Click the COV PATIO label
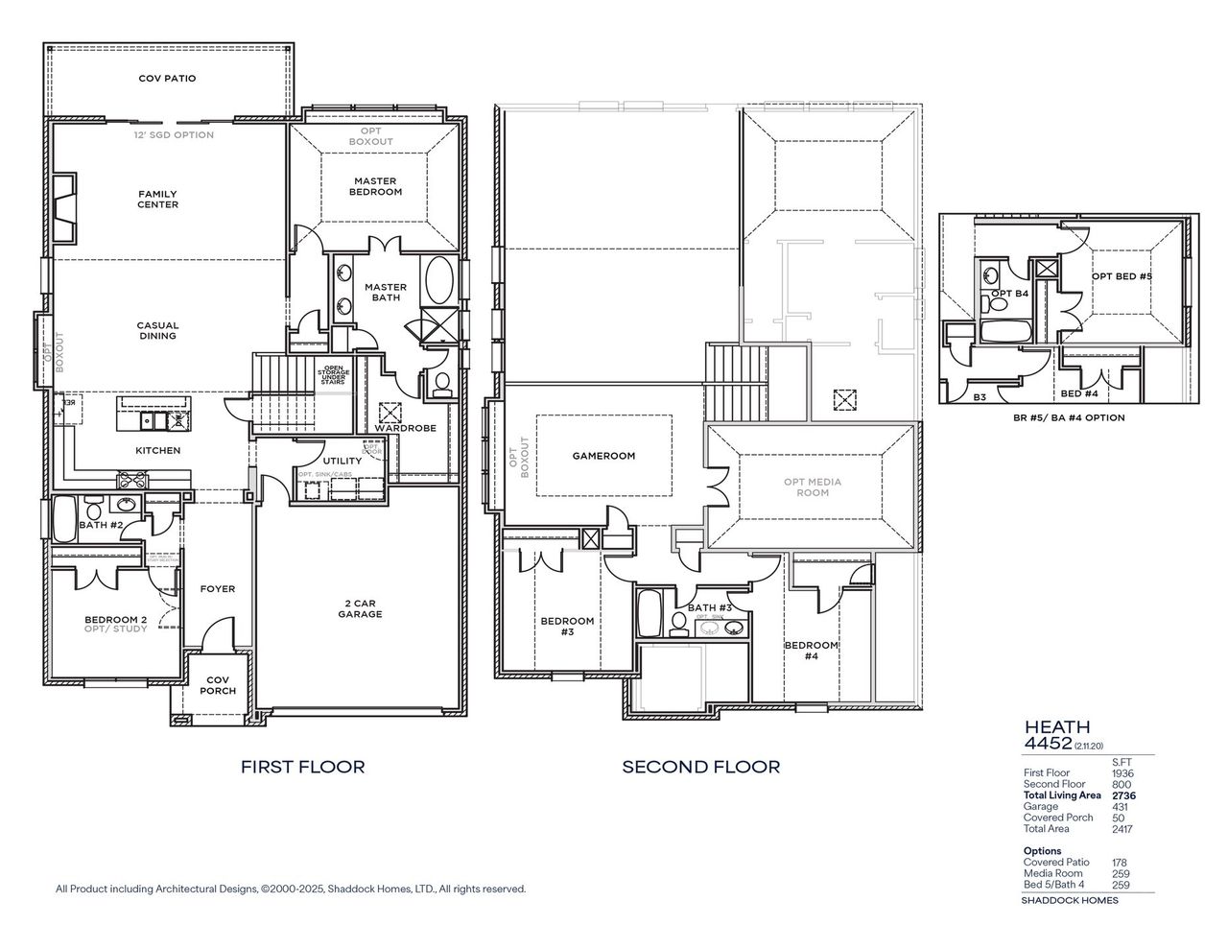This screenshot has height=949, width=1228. point(167,79)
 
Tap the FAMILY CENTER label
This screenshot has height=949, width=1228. point(157,200)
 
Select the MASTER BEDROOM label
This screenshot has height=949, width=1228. point(376,186)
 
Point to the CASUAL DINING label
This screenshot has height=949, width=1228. point(157,331)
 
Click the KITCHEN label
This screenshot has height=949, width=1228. point(157,450)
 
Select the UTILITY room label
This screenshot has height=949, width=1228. point(342,462)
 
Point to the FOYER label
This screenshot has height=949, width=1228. point(217,589)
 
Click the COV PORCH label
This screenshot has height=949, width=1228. point(217,685)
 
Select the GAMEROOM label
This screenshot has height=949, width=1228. point(603,456)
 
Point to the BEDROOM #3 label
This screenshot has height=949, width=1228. point(567,627)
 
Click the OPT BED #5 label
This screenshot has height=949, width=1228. point(1121,276)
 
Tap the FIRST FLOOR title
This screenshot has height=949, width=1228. point(302,767)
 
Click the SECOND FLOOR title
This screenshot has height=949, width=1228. point(700,767)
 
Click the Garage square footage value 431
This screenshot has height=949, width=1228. point(1120,807)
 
